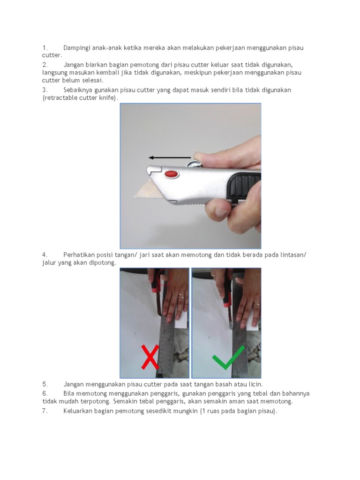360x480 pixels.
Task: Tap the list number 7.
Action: tap(45, 411)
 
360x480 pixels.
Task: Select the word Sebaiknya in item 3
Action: tap(78, 90)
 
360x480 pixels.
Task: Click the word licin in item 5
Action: tap(255, 384)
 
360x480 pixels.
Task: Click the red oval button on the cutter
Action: tap(172, 174)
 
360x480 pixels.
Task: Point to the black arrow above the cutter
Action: tap(170, 157)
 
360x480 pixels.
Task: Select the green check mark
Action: tap(228, 358)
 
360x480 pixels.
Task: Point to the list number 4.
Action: tap(45, 255)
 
